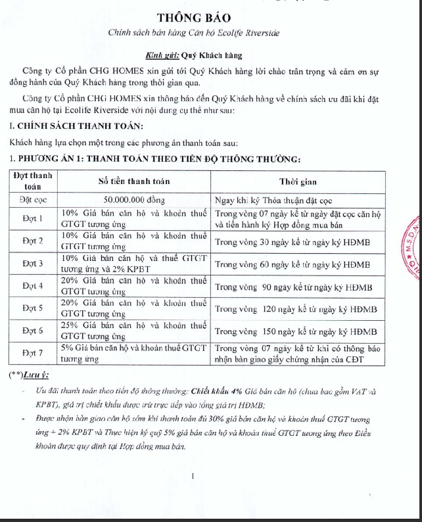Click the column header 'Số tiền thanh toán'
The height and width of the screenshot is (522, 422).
[x=135, y=181]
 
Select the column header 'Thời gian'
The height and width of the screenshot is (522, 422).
[x=298, y=181]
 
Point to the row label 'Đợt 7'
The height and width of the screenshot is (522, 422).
[x=34, y=353]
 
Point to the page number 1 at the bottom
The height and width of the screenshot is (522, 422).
[x=191, y=476]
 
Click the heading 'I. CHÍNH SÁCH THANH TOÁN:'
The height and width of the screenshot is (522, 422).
[x=76, y=126]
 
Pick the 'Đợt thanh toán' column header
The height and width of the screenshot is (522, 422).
[x=34, y=181]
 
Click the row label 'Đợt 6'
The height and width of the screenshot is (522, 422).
[x=34, y=331]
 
